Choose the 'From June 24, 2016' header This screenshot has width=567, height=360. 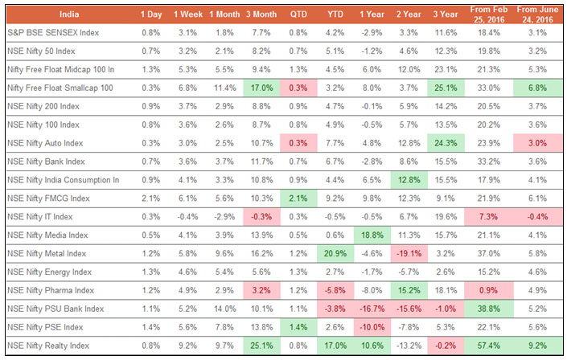click(x=536, y=14)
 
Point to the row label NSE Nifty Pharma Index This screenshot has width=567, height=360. click(x=50, y=289)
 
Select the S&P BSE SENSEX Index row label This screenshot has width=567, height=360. click(x=55, y=33)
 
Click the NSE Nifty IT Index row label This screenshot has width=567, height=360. click(x=39, y=216)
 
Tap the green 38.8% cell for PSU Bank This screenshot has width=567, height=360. click(x=486, y=308)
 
